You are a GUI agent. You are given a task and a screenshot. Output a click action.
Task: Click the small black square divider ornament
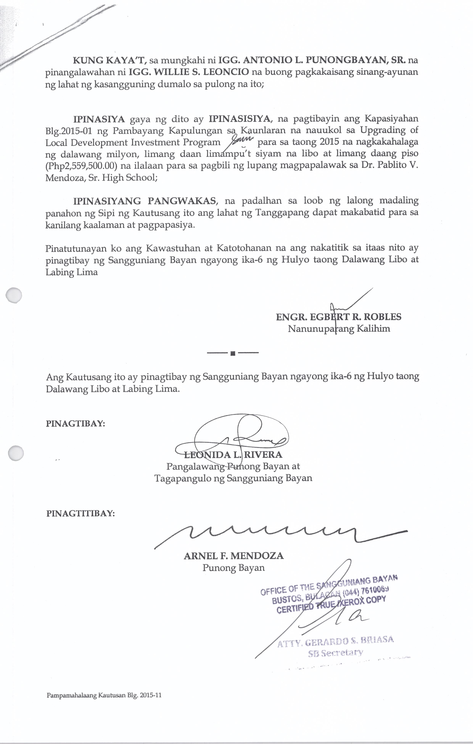click(233, 353)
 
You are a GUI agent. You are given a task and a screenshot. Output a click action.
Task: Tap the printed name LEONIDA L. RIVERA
click(233, 455)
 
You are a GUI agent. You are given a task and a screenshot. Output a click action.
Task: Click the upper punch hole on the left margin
click(14, 295)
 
